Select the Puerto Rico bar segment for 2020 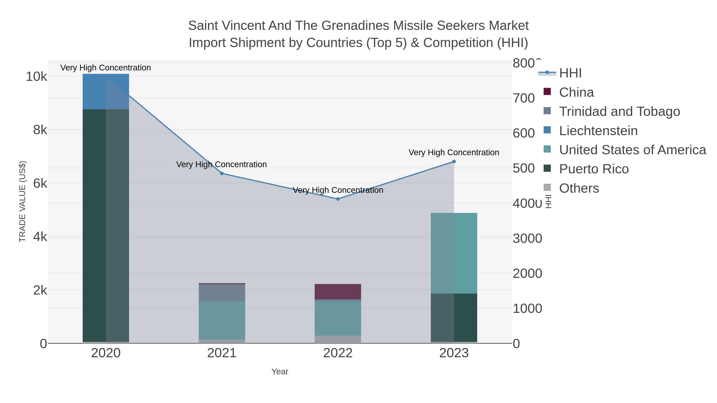click(106, 225)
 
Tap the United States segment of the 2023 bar click(454, 253)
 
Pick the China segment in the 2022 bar click(338, 292)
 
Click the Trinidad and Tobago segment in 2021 click(222, 293)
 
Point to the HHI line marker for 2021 click(222, 173)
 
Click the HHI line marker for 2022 click(338, 199)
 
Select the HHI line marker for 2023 click(454, 161)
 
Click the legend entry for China click(576, 92)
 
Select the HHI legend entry click(570, 73)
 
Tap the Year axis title click(280, 372)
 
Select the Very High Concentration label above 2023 click(454, 152)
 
